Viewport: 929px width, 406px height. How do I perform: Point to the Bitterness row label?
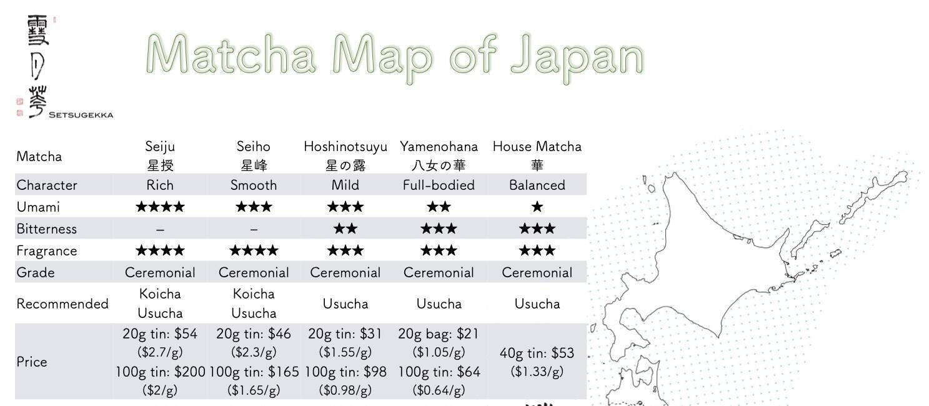click(x=47, y=229)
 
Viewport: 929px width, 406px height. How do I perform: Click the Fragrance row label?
click(x=47, y=250)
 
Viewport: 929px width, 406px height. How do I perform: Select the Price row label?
click(x=32, y=362)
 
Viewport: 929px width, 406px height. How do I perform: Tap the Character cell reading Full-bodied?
click(x=439, y=185)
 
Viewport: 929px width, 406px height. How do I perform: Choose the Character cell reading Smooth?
click(x=253, y=185)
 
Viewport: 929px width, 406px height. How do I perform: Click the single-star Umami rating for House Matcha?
click(x=537, y=207)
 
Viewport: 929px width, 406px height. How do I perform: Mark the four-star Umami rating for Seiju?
click(x=160, y=207)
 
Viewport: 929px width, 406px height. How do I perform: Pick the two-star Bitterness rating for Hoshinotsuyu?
click(x=345, y=229)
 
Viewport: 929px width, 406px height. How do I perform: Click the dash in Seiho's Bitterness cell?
click(x=253, y=229)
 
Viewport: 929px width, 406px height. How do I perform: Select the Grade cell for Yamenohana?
click(x=439, y=272)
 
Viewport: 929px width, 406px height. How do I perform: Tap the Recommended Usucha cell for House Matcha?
click(x=537, y=304)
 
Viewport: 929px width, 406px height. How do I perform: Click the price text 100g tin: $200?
click(x=160, y=372)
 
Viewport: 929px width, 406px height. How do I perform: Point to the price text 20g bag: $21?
click(x=439, y=334)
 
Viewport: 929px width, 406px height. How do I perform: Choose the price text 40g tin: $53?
click(x=537, y=353)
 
